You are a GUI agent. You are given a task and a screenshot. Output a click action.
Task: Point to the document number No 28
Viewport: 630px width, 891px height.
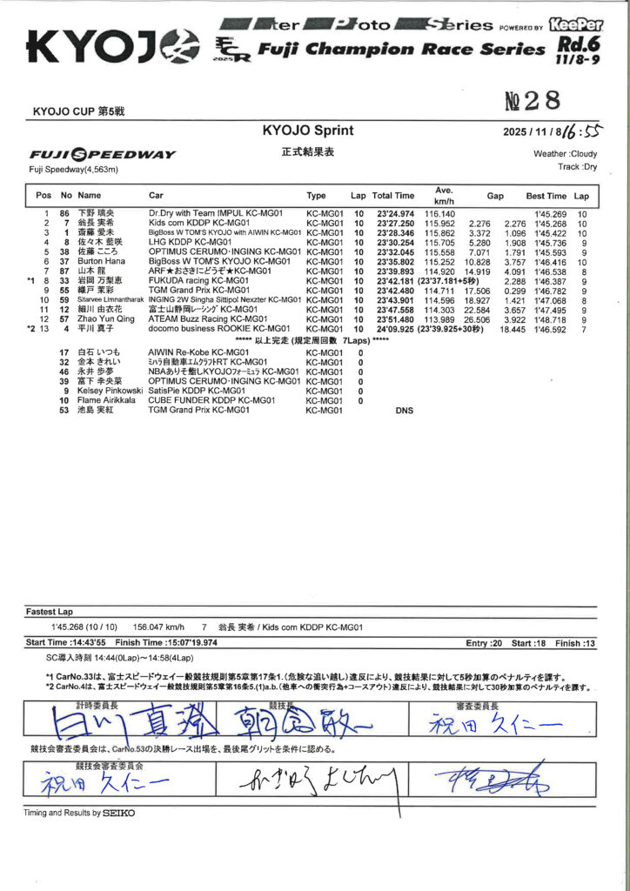(x=533, y=103)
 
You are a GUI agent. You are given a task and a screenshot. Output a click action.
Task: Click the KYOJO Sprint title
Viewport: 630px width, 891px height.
(x=308, y=131)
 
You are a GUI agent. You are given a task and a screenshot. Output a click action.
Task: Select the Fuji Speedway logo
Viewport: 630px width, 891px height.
(x=102, y=155)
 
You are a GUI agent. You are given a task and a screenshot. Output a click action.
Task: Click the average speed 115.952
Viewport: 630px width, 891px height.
(x=441, y=224)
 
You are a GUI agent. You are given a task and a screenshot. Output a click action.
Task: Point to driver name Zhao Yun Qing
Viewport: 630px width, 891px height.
(x=107, y=319)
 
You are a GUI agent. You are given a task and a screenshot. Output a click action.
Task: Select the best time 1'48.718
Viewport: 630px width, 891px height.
(x=549, y=319)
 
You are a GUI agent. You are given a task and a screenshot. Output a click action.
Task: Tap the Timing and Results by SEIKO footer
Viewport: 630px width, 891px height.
(x=79, y=813)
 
